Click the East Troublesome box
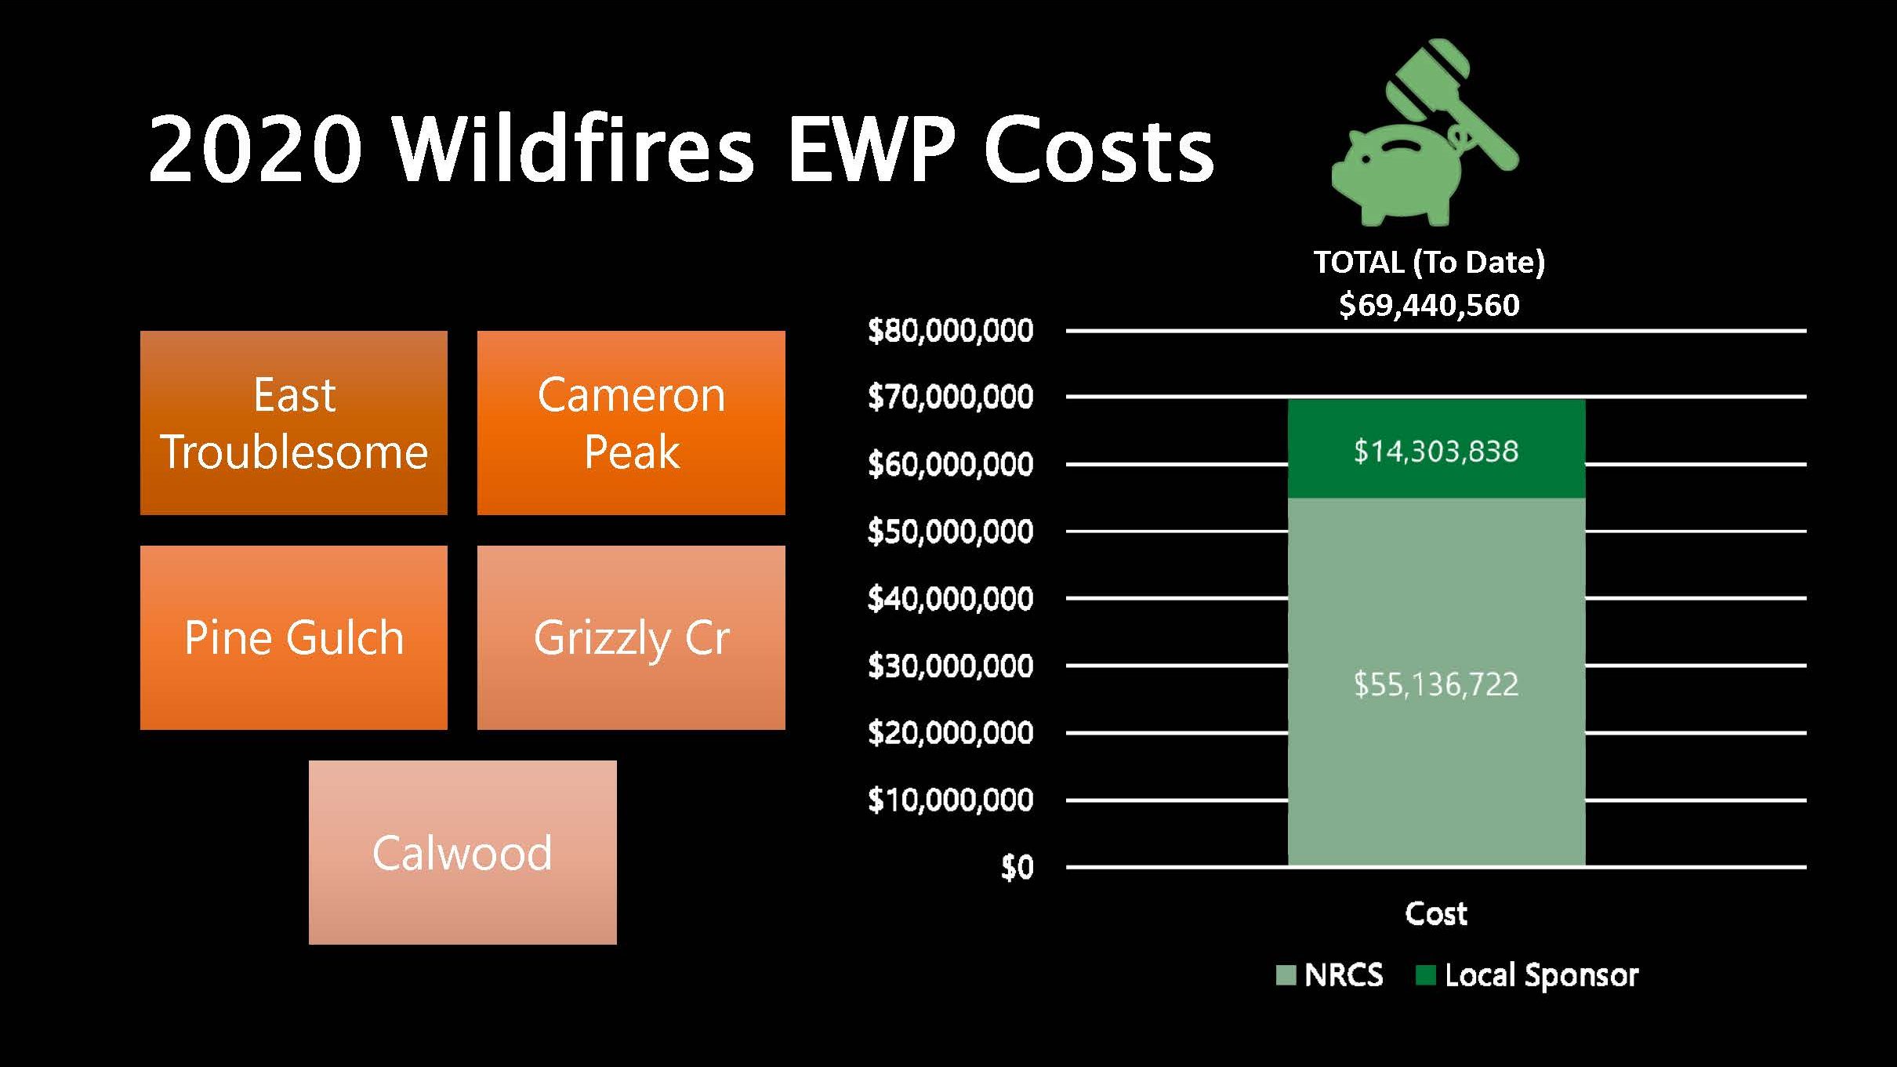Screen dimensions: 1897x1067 [x=294, y=423]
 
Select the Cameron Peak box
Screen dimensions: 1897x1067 [x=631, y=423]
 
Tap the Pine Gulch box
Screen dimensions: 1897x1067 [x=294, y=637]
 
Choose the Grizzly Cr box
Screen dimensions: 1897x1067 [x=631, y=637]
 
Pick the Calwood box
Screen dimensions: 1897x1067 [x=462, y=852]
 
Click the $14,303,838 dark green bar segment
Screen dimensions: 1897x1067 [x=1436, y=449]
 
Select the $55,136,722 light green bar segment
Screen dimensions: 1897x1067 [x=1436, y=682]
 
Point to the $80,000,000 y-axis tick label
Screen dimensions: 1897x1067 [x=950, y=331]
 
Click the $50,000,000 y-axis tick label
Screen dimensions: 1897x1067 [x=950, y=532]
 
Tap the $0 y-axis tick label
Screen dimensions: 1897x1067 [x=1017, y=867]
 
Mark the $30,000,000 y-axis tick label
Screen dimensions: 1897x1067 [x=950, y=666]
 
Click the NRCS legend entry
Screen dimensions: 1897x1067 [x=1329, y=975]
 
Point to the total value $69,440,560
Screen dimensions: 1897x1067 [x=1429, y=305]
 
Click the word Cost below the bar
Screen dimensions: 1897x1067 [x=1436, y=913]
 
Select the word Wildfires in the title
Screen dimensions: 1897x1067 [x=573, y=149]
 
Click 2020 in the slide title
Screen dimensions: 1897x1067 [x=256, y=149]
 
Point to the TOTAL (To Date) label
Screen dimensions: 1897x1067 [x=1429, y=263]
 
